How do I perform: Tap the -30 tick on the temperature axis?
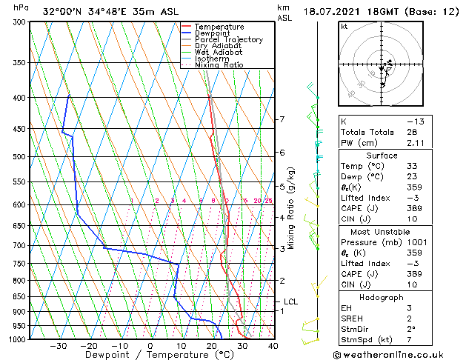click(x=58, y=346)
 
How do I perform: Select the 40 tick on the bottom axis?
click(x=273, y=346)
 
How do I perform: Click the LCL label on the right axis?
click(x=290, y=302)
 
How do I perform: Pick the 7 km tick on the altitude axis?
click(x=282, y=119)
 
